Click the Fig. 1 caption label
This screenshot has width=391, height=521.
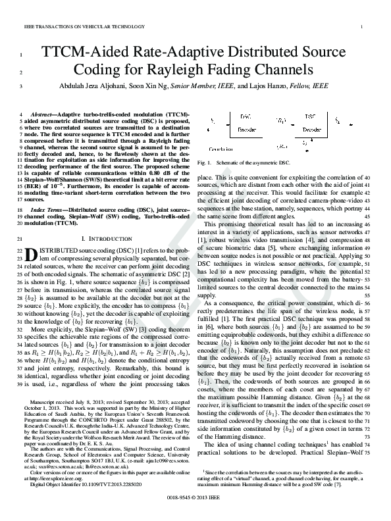[203, 162]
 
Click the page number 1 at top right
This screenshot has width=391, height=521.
[363, 26]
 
